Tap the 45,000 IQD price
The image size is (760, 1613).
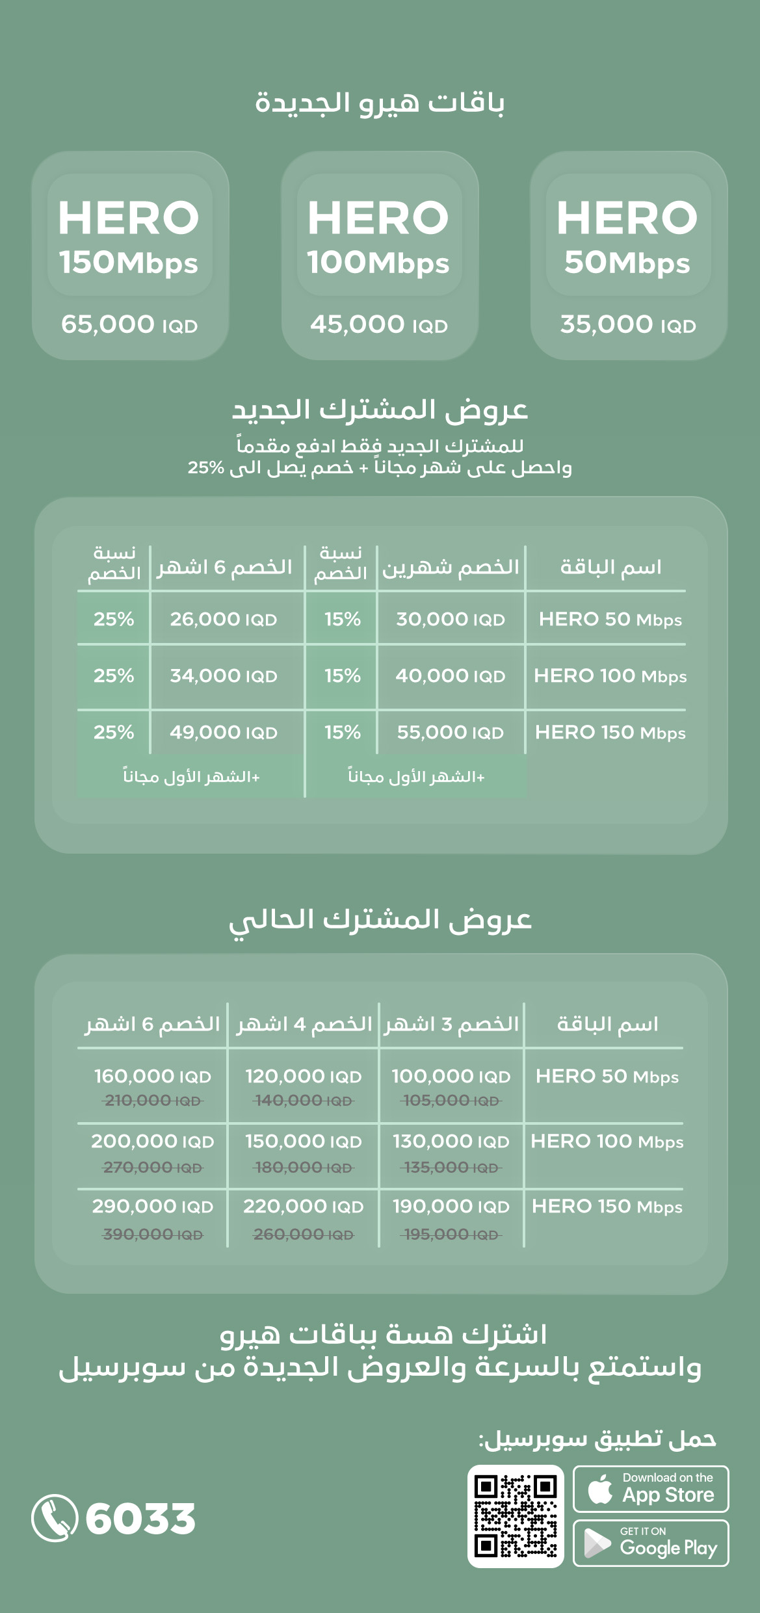pyautogui.click(x=378, y=324)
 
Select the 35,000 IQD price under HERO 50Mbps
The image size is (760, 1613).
pyautogui.click(x=628, y=324)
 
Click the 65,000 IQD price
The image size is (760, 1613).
pyautogui.click(x=129, y=324)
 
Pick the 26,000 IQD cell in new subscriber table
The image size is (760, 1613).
pyautogui.click(x=223, y=619)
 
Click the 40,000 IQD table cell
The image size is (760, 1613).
pyautogui.click(x=450, y=676)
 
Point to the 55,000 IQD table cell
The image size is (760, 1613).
pyautogui.click(x=450, y=733)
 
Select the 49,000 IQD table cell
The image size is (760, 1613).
pyautogui.click(x=223, y=733)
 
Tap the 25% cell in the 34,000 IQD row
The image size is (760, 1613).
pyautogui.click(x=114, y=676)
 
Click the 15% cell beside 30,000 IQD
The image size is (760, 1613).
pyautogui.click(x=343, y=619)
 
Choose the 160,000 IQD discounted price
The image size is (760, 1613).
pyautogui.click(x=153, y=1077)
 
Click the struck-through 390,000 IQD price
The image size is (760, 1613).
pyautogui.click(x=153, y=1234)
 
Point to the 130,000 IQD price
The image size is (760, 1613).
pyautogui.click(x=451, y=1142)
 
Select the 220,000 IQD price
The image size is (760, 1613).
pyautogui.click(x=303, y=1207)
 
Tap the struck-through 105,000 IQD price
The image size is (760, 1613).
pyautogui.click(x=451, y=1101)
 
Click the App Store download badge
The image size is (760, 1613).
pyautogui.click(x=650, y=1489)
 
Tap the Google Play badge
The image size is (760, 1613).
pyautogui.click(x=650, y=1543)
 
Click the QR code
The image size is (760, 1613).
pyautogui.click(x=515, y=1516)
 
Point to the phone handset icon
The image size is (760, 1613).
pyautogui.click(x=54, y=1517)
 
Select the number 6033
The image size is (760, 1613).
pyautogui.click(x=140, y=1519)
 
